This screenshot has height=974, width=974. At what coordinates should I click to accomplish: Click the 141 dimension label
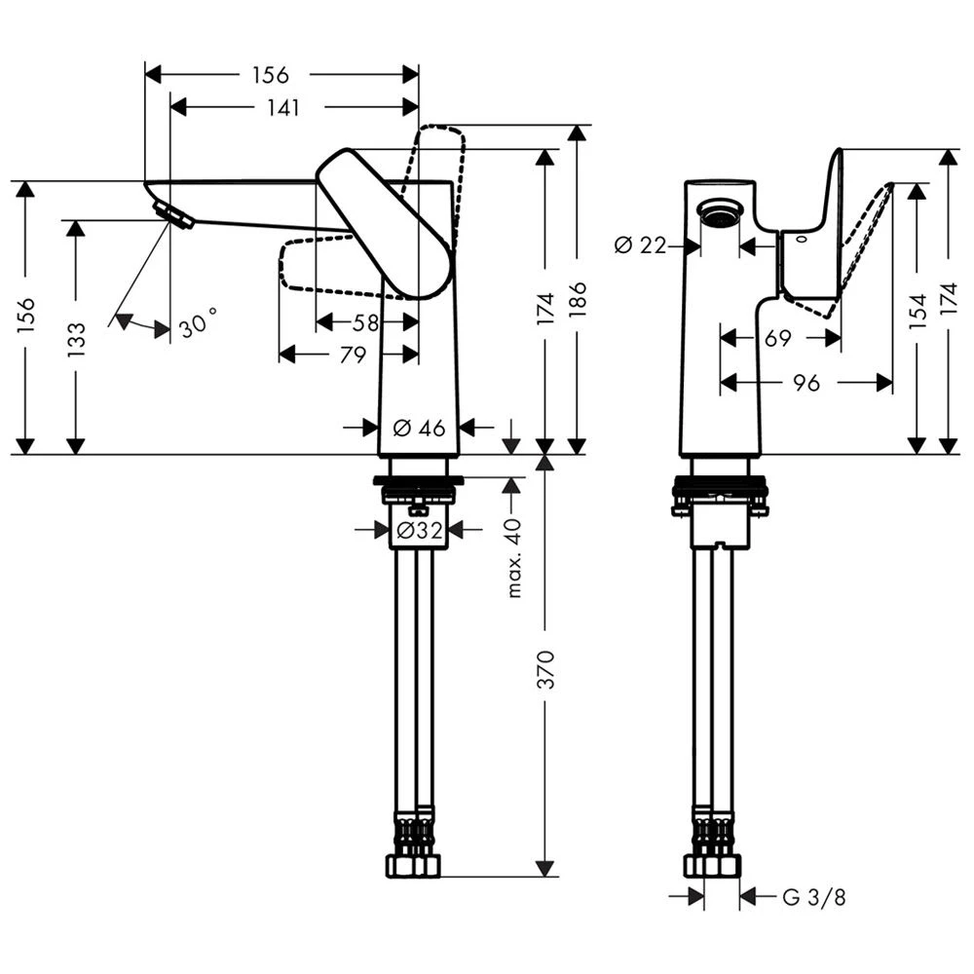coord(282,108)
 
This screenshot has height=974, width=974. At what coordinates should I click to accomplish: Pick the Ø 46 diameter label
coord(419,427)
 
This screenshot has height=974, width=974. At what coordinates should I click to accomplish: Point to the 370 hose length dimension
coord(546,670)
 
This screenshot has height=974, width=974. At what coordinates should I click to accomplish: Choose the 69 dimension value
coord(777,338)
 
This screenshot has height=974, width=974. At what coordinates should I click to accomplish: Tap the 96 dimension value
coord(805,383)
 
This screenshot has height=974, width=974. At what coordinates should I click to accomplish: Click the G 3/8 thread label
coord(814,897)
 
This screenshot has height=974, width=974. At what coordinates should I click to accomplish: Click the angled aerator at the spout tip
coord(174,215)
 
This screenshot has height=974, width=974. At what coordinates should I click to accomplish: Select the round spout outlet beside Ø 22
coord(722,212)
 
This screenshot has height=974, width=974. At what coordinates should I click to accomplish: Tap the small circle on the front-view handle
coord(801,237)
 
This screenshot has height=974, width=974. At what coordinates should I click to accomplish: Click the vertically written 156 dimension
coord(26,316)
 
